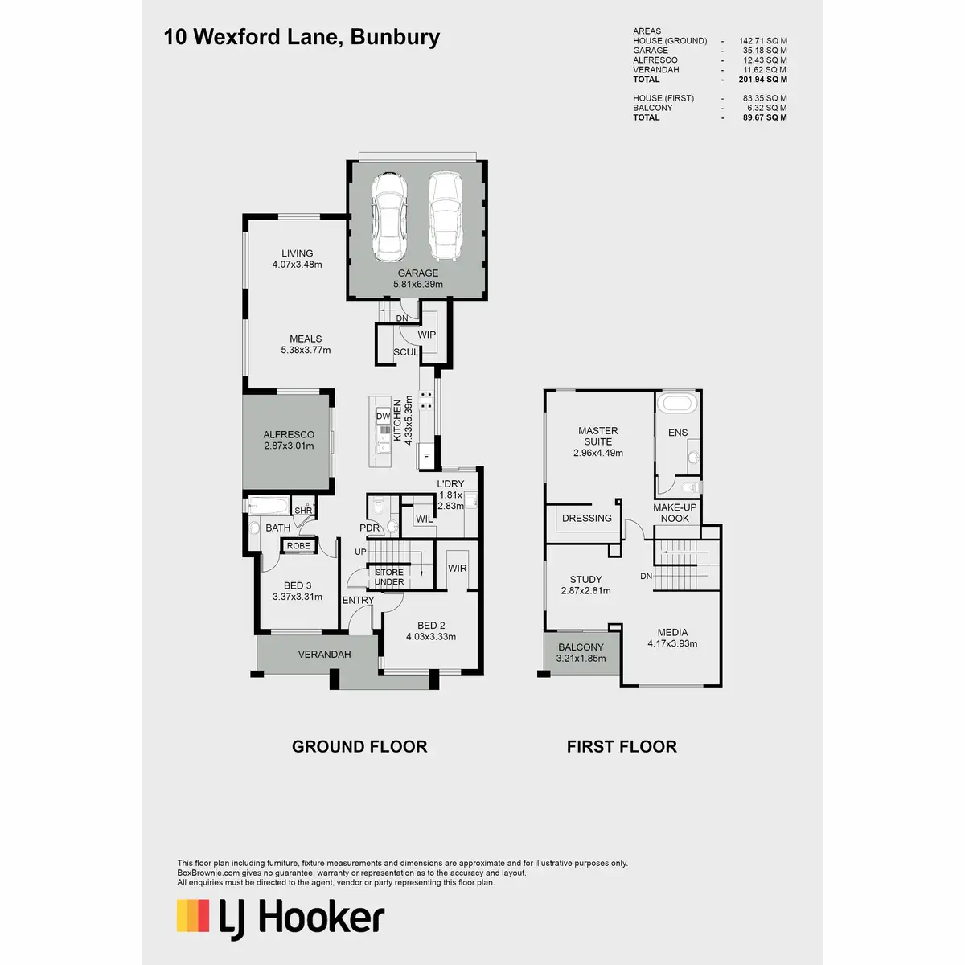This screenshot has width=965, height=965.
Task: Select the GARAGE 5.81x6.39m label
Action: (x=418, y=278)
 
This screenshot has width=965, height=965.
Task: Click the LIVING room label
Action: (x=297, y=259)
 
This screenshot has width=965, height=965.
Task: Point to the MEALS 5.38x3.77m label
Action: (x=306, y=344)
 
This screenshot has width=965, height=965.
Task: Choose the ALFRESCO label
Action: (x=289, y=440)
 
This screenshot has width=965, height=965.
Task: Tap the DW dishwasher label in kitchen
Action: (x=383, y=417)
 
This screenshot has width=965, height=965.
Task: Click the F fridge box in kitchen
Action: (x=426, y=458)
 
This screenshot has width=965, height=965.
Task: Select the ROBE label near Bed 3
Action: (x=298, y=546)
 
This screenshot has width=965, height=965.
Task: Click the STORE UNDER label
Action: (x=389, y=577)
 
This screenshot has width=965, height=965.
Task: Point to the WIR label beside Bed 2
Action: (x=457, y=568)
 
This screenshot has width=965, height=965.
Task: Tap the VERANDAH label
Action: (x=324, y=655)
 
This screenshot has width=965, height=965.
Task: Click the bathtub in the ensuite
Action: (x=677, y=403)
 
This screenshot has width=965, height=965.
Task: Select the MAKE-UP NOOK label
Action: (x=675, y=513)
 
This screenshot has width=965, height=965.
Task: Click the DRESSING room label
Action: (x=587, y=518)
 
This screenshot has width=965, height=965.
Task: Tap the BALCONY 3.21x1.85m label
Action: (x=581, y=653)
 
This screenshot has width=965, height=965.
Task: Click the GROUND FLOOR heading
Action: (x=359, y=746)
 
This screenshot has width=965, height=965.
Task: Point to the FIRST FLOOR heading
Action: (x=622, y=746)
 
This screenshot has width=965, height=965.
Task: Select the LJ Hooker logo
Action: (x=281, y=918)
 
